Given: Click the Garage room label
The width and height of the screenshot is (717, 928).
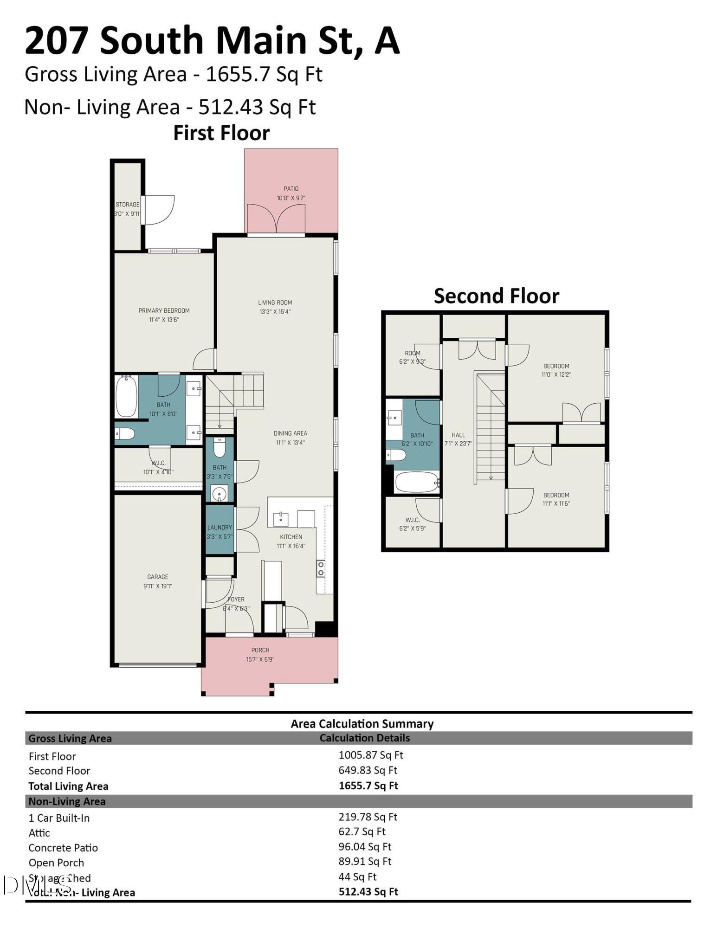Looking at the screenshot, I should [157, 577].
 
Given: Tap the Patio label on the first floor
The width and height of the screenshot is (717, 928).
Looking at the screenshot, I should [291, 189].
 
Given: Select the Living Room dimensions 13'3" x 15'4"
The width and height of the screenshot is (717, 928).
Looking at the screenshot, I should [275, 312].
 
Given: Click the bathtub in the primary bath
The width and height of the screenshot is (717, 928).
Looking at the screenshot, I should [126, 397].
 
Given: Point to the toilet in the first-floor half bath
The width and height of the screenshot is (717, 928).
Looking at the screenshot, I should [220, 447].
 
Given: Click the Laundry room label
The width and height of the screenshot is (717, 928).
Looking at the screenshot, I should [220, 528].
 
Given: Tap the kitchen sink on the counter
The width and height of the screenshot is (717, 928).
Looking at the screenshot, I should [281, 519].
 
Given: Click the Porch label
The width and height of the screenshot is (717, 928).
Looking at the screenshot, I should [260, 650].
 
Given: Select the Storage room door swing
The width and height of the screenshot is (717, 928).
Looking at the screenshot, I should [159, 210].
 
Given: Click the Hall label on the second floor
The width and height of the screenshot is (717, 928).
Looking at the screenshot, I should [458, 435].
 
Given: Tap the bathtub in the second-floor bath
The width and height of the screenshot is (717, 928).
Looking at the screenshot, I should [417, 482].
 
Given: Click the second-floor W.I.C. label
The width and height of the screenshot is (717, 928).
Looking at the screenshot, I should [413, 520].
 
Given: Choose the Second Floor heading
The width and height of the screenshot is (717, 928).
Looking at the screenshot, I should [496, 296].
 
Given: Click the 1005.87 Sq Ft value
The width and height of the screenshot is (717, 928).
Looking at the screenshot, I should [371, 755].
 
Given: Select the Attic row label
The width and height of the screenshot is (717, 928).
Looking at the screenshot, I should [39, 833].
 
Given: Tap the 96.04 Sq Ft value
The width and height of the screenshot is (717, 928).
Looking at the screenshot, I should [365, 847].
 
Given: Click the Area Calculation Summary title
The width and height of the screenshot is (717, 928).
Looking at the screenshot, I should [362, 724].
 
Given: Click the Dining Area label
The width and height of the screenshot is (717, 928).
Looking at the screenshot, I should [290, 433].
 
